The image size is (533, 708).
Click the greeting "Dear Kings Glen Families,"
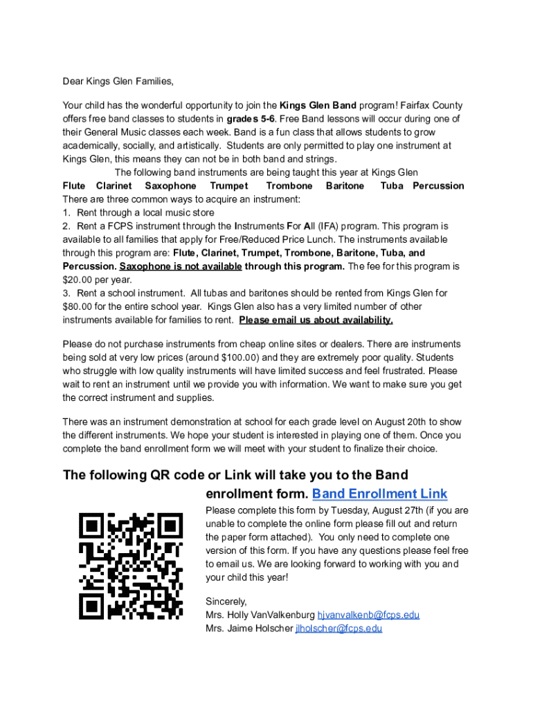point(118,82)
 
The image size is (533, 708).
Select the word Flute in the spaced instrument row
point(74,186)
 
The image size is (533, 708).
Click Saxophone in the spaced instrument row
point(170,186)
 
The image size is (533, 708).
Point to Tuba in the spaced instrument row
point(392,186)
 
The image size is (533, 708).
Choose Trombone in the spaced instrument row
point(289,186)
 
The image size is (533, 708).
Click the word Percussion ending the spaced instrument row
point(438,186)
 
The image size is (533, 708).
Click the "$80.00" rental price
point(78,307)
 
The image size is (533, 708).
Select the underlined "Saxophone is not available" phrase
point(181,267)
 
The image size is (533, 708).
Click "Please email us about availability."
point(316,320)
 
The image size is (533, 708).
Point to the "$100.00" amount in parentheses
point(240,357)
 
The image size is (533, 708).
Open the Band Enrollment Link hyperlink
point(380,494)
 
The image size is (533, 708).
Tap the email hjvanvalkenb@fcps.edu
point(368,615)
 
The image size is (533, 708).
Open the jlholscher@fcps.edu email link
point(338,628)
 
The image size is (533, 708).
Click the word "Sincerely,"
point(226,602)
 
